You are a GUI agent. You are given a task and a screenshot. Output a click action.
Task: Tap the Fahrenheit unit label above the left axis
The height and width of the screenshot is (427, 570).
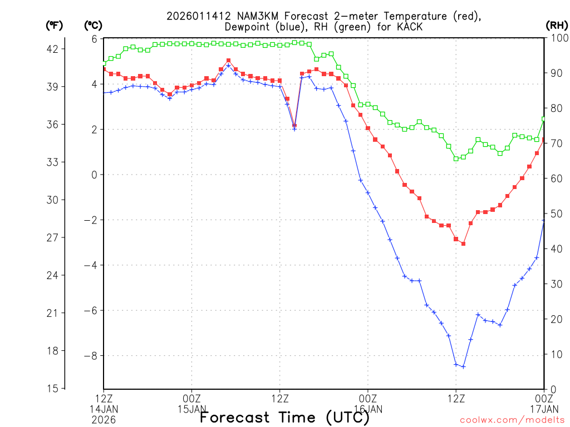53,25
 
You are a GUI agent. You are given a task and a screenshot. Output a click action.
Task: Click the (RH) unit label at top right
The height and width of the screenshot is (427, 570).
556,25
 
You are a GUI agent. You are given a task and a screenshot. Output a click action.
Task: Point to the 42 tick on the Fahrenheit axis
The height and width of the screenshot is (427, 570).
52,49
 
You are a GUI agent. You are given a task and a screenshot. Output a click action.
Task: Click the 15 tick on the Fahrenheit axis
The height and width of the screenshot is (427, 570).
52,388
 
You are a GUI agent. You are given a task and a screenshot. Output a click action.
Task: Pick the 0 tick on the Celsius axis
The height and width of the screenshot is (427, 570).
94,175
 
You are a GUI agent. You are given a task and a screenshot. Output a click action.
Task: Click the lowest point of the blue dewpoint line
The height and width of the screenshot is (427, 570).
463,366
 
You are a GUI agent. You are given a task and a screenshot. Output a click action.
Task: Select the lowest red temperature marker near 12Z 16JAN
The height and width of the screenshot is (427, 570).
463,244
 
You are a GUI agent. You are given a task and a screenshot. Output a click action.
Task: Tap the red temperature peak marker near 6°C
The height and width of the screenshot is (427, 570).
228,60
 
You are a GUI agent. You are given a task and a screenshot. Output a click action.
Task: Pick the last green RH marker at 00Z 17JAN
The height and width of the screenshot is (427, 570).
544,119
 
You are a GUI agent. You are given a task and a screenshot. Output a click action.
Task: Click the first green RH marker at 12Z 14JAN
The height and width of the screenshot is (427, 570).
104,63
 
